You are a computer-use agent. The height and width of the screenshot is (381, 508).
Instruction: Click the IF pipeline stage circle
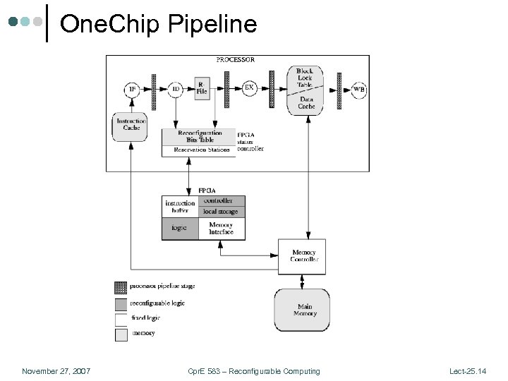[131, 90]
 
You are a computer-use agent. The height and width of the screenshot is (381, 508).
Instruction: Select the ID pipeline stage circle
[176, 90]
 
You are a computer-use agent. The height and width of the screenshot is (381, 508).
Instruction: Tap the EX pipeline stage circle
[249, 88]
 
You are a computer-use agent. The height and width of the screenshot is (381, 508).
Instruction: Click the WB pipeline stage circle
[359, 90]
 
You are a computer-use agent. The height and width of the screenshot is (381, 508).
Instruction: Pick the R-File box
[202, 88]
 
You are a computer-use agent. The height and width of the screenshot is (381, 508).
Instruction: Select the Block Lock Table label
[304, 78]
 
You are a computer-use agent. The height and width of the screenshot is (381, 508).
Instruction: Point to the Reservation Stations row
[199, 150]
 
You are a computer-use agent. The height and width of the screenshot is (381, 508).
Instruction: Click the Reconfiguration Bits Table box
[199, 136]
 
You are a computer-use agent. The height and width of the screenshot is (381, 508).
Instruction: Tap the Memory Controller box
[303, 255]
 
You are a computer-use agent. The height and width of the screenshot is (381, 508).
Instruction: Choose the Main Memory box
[305, 310]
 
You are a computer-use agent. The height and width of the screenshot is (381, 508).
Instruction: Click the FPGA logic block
[179, 229]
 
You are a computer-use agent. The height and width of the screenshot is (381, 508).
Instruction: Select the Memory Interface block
[221, 229]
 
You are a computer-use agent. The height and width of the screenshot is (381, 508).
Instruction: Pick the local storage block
[221, 212]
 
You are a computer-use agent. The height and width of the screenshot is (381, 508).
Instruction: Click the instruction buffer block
[179, 207]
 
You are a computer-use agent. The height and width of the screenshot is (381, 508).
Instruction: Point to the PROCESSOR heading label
[236, 60]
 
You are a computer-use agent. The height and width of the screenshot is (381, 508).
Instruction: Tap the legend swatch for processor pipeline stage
[121, 287]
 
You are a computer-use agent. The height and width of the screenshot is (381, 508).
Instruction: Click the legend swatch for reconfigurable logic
[121, 303]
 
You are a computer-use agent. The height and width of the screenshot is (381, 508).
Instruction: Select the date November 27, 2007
[56, 371]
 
